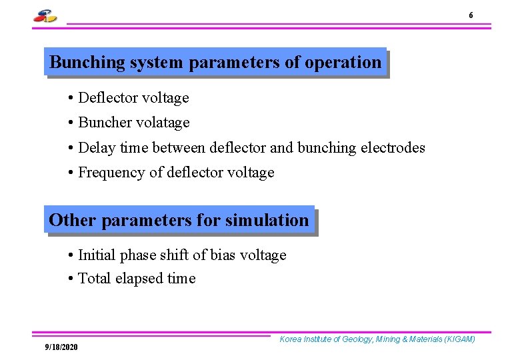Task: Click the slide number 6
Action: [x=471, y=15]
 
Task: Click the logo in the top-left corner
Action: [x=45, y=16]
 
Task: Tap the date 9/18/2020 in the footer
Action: [x=61, y=347]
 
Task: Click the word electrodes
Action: [x=393, y=147]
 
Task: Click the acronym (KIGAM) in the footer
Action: [x=457, y=339]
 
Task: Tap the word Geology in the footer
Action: [x=357, y=339]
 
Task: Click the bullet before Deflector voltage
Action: [x=70, y=99]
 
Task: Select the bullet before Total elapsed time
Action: [x=70, y=279]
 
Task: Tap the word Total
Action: [x=95, y=279]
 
